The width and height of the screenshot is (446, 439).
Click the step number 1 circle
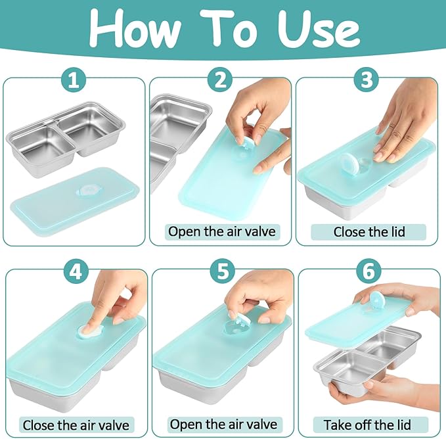click(74, 80)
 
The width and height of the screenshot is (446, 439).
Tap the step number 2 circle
click(220, 80)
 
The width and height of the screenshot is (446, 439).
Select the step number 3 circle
click(367, 80)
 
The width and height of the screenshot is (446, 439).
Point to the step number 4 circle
click(76, 271)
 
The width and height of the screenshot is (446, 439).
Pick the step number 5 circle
click(223, 271)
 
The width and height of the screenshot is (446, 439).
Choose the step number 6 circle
click(369, 271)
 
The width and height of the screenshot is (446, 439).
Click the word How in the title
click(134, 30)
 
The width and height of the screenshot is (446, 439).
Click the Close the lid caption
click(369, 232)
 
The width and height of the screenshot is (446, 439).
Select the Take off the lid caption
click(367, 425)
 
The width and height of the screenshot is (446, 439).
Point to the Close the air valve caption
click(76, 425)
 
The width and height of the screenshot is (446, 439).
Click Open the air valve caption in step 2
click(222, 231)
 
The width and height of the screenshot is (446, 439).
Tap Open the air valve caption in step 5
click(223, 424)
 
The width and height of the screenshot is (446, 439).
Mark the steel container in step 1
click(66, 138)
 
